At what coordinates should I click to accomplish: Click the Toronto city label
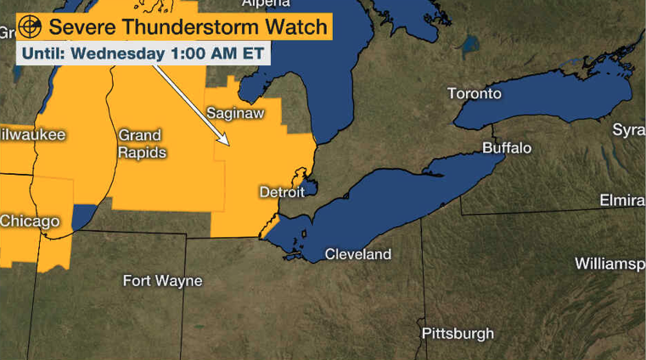tap(475, 93)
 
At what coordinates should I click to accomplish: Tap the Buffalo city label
tap(507, 149)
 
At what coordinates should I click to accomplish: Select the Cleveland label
tap(358, 254)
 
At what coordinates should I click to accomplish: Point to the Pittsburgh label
tap(458, 333)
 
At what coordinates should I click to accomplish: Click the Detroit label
tap(281, 193)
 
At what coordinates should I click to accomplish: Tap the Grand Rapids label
tap(142, 143)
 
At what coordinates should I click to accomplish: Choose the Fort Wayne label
tap(162, 280)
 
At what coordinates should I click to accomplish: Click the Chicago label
tap(30, 221)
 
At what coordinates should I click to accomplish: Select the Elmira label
tap(621, 200)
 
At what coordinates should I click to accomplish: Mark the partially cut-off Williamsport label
tap(609, 263)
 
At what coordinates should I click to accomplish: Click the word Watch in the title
tap(294, 26)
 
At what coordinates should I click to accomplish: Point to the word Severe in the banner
tap(81, 26)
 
